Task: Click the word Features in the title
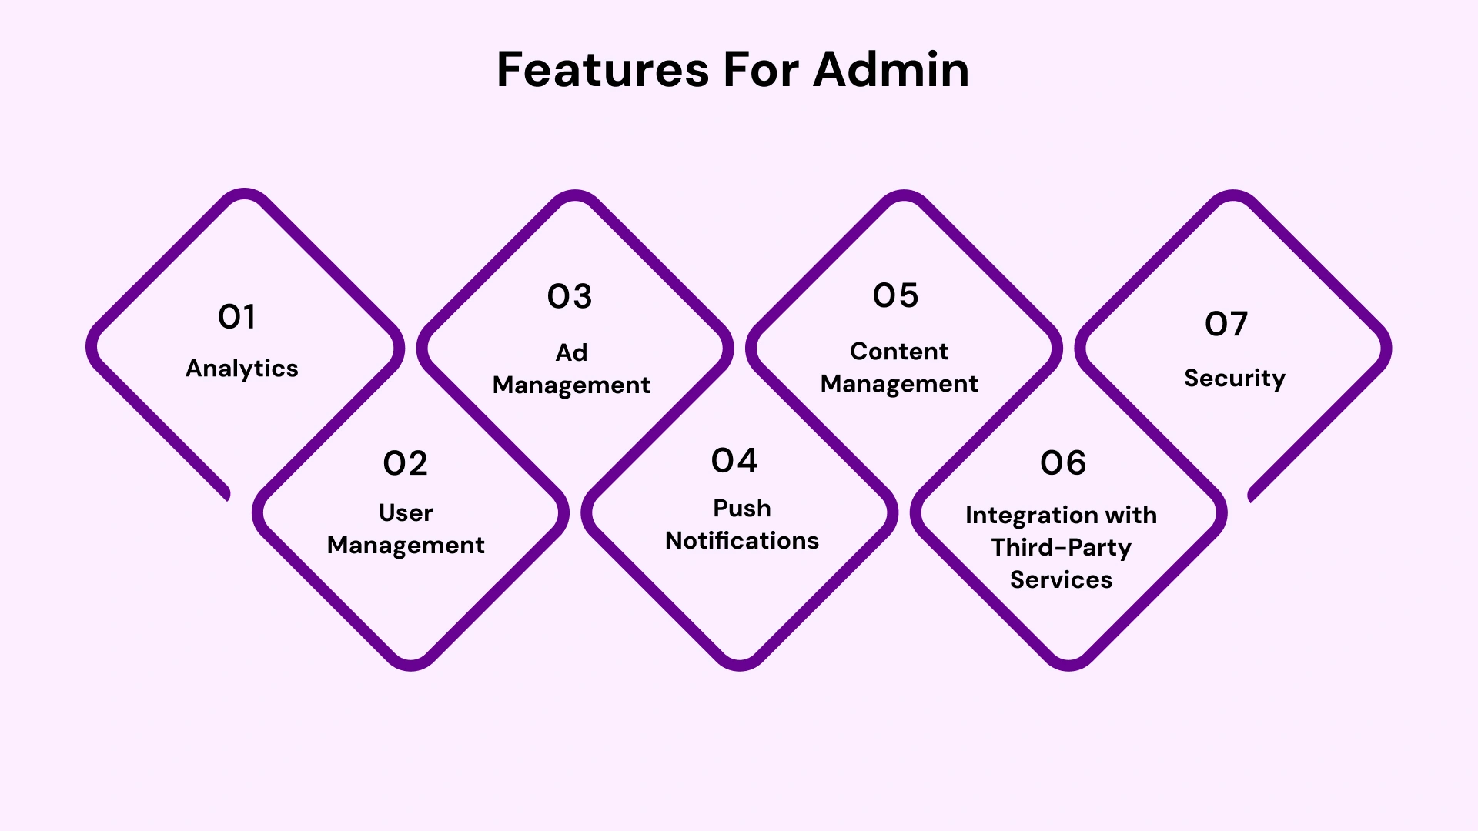click(602, 70)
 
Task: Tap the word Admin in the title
click(891, 70)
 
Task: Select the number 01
click(236, 317)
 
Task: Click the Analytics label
click(242, 369)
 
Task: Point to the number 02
click(405, 463)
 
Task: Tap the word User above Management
click(406, 512)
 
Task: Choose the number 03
click(570, 297)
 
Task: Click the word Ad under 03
click(571, 352)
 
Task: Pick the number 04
click(734, 461)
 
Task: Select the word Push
click(741, 508)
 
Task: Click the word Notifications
click(741, 541)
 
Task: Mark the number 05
click(895, 295)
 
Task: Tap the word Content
click(898, 352)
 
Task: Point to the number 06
click(1063, 463)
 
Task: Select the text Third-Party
click(1061, 547)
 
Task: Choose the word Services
click(1061, 579)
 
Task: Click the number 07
click(1226, 324)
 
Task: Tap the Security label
click(1234, 378)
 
